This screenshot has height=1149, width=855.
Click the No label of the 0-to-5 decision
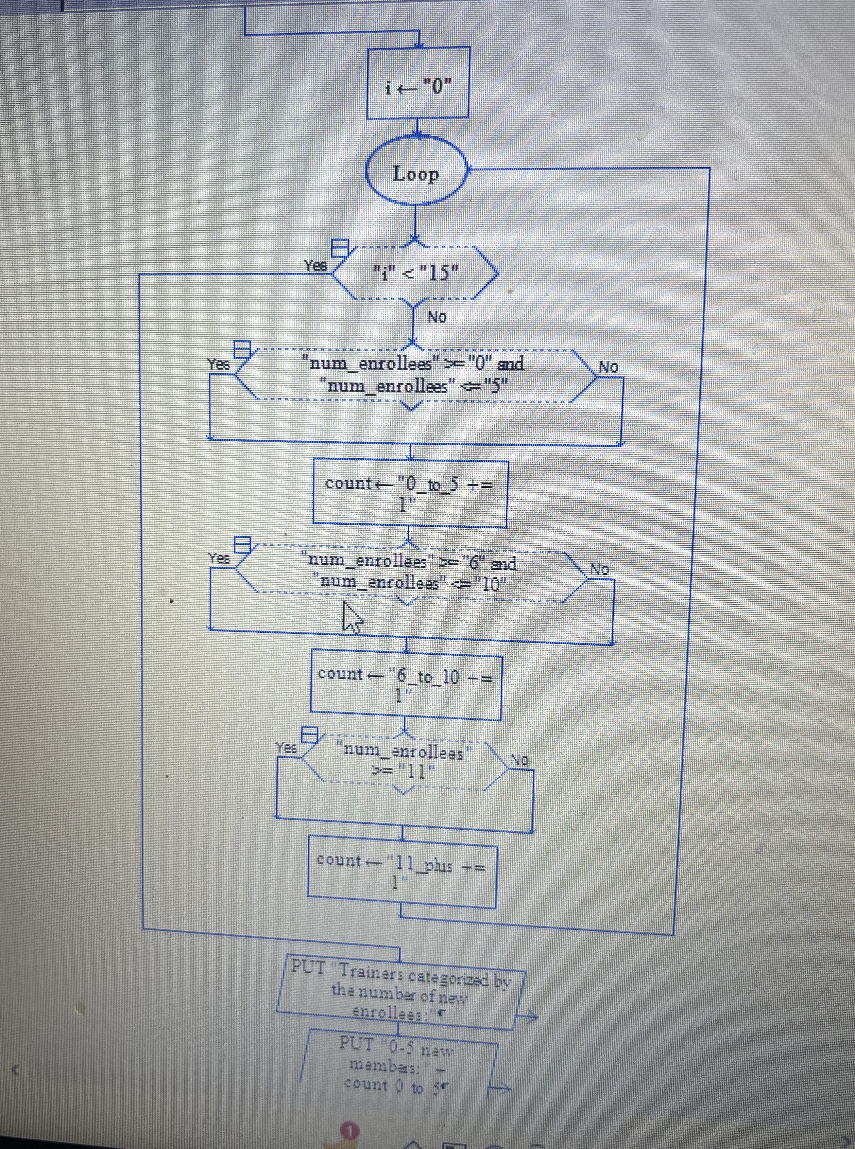[608, 367]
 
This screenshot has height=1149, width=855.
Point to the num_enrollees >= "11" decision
[404, 761]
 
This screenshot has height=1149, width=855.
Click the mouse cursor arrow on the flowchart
[352, 617]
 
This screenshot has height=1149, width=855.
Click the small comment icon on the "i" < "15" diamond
[340, 248]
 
